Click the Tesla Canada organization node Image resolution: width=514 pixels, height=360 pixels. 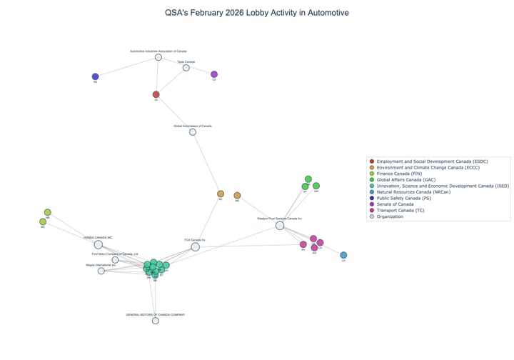point(186,68)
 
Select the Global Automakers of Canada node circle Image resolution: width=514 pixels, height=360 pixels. point(193,131)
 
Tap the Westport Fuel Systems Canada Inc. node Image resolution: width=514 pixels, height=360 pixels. point(280,226)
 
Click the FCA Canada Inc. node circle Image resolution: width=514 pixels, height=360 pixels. point(195,246)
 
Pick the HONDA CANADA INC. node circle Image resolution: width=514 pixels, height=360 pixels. point(99,244)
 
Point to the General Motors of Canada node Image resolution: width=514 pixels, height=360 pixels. point(155,321)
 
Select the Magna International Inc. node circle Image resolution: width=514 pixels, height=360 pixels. point(101,271)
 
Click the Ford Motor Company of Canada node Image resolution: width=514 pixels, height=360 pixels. point(115,260)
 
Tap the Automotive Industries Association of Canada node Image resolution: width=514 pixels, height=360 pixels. point(158,57)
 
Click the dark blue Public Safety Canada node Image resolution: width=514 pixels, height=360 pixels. point(95,76)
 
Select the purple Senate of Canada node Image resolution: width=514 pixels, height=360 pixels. point(214,74)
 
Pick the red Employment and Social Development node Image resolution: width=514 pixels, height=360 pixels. point(156,94)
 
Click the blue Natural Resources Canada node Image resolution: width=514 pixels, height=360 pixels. point(343,255)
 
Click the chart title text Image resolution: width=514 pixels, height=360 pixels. point(256,13)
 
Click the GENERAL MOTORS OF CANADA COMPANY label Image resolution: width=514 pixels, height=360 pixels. point(155,314)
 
